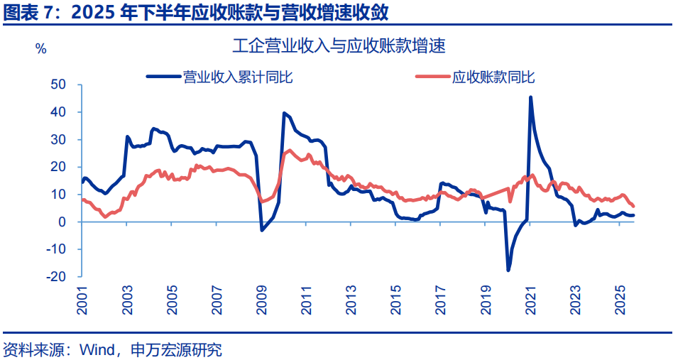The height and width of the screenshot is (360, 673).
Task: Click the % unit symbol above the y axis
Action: (x=41, y=49)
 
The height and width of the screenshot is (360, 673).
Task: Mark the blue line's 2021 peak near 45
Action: (x=530, y=98)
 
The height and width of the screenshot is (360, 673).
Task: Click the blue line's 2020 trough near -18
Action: (x=508, y=270)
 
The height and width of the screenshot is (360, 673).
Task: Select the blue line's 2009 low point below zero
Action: (x=262, y=230)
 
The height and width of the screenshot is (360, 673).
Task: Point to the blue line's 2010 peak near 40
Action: (x=284, y=113)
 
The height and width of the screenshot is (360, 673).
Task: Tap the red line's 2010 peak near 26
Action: (x=289, y=151)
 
